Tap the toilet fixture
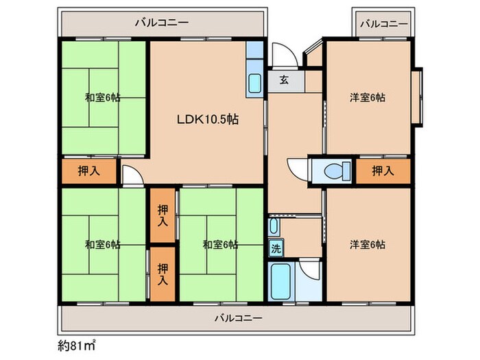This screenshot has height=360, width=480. pos(334,170)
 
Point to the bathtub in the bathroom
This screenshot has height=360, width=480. pos(281,281)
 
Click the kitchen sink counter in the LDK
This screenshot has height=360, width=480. pos(254,83)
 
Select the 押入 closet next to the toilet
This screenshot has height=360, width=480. pos(382,171)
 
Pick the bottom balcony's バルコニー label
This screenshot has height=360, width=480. pos(237,317)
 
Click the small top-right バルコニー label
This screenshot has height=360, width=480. pos(384,23)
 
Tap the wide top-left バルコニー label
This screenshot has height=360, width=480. pos(163,23)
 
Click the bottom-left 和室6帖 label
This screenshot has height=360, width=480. pos(103,245)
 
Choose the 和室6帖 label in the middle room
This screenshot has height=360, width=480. pos(220,245)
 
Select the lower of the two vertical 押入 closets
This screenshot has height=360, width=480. pos(163,274)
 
